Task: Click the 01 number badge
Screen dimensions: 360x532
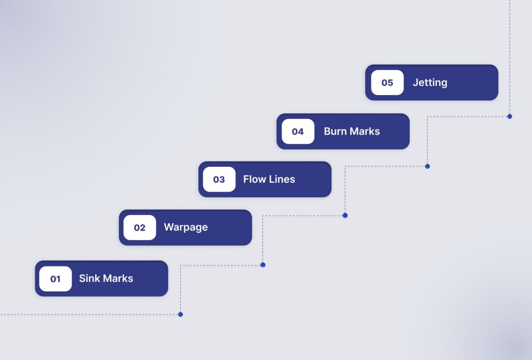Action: click(x=55, y=279)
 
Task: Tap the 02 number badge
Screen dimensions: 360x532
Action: click(x=139, y=228)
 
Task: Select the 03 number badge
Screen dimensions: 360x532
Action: click(x=219, y=179)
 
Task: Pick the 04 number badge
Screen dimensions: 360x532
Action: click(x=298, y=131)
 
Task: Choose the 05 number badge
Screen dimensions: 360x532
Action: click(x=387, y=83)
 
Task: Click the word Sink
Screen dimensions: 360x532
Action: click(x=89, y=278)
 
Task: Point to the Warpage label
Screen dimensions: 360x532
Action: click(x=185, y=228)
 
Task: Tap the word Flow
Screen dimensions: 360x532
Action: click(x=255, y=179)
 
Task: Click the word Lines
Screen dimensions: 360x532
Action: click(x=282, y=179)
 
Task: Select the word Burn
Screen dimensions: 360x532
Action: click(x=336, y=131)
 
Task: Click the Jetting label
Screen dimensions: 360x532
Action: click(x=430, y=83)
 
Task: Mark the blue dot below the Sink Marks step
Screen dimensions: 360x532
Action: click(x=180, y=314)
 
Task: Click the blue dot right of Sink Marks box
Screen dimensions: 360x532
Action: click(x=263, y=265)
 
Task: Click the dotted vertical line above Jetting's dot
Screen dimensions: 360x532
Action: click(x=510, y=52)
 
